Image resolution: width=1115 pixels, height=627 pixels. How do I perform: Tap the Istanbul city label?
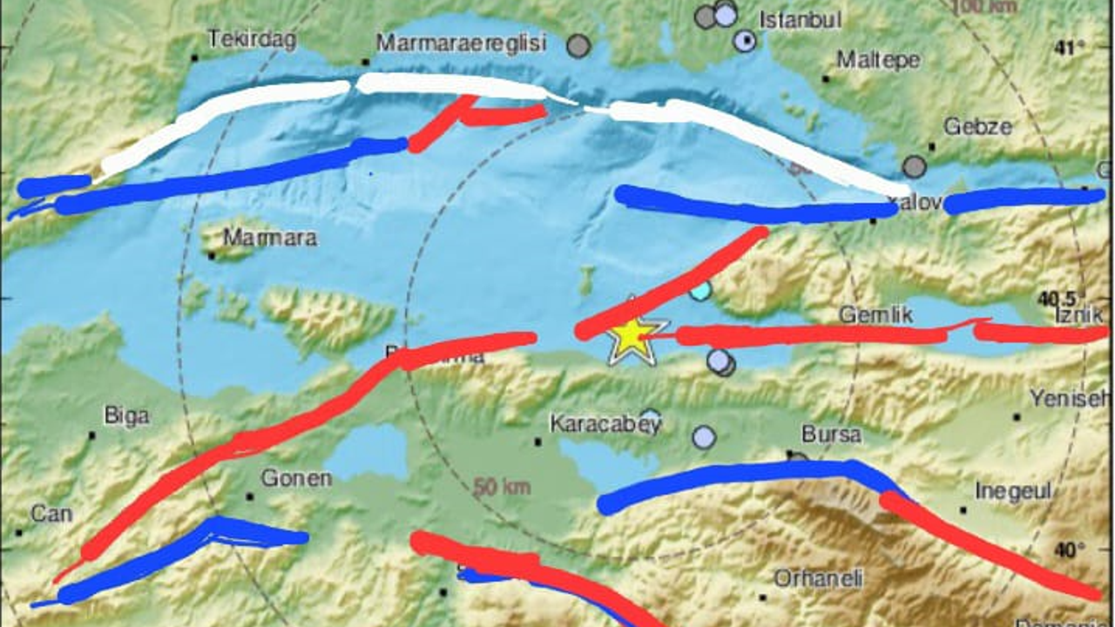[x=801, y=19]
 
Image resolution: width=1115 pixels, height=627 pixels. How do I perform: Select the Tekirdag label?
[x=252, y=39]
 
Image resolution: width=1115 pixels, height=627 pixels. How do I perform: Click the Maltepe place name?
[x=877, y=59]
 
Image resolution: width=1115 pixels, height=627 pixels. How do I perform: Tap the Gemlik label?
[x=875, y=314]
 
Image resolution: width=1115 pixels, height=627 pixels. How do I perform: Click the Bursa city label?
[x=831, y=434]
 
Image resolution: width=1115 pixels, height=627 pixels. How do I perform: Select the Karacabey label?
[x=605, y=424]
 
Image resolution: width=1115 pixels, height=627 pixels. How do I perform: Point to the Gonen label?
[x=296, y=478]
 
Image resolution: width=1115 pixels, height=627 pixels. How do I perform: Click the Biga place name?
[x=126, y=415]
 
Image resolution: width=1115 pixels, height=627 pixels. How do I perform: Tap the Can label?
[x=51, y=514]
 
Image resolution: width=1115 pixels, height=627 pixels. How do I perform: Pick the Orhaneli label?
[x=818, y=578]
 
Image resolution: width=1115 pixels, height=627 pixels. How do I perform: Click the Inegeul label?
[x=1013, y=491]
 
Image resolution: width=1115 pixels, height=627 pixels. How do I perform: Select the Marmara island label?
[x=269, y=237]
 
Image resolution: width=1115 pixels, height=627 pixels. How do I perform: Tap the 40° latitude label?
[x=1067, y=550]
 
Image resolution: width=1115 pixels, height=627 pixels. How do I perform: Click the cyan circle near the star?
[x=700, y=291]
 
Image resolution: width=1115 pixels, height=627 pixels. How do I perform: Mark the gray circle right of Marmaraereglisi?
[x=578, y=45]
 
